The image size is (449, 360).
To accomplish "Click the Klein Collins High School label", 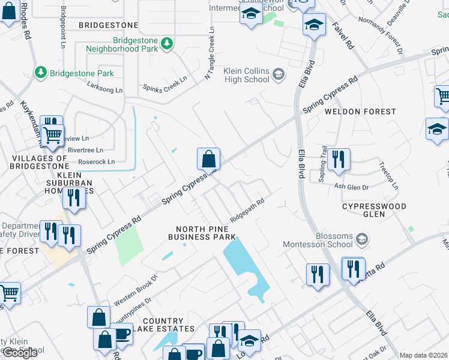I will click(246, 75).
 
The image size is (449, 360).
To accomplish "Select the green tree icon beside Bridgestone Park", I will click(41, 73).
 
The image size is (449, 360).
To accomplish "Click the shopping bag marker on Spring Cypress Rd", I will click(208, 159).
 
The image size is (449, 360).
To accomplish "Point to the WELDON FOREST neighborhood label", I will click(360, 112).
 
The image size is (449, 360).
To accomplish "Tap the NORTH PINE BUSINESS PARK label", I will click(206, 233).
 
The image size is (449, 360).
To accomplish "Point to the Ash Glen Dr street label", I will click(351, 188).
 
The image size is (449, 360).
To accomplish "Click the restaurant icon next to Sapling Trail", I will click(339, 159).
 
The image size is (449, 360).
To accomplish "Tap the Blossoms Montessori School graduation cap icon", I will click(361, 240).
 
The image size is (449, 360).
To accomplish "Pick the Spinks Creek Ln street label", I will click(165, 88).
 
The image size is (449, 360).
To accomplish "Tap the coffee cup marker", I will click(122, 334).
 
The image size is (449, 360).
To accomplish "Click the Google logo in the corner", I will click(20, 352).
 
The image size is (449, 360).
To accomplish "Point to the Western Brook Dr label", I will click(135, 290).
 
